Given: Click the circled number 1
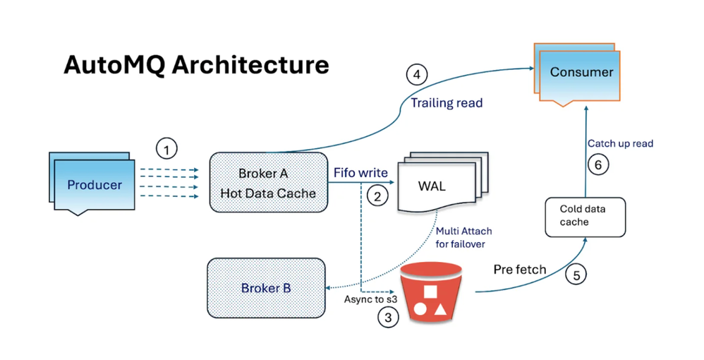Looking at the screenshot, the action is click(166, 149).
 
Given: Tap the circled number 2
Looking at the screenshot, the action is click(377, 196).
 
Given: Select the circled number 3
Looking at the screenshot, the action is click(388, 318).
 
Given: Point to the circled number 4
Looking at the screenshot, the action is click(417, 74).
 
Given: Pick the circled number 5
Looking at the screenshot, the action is click(576, 275).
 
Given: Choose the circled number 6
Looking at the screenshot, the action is click(598, 165).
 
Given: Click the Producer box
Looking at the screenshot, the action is click(92, 184).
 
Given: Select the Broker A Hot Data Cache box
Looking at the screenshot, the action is click(269, 183).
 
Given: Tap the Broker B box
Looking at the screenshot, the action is click(266, 288).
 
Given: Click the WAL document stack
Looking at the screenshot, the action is click(443, 182).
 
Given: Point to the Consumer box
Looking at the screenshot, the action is click(578, 74).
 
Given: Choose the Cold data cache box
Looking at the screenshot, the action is click(585, 217).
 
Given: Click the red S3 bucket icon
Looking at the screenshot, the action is click(431, 294).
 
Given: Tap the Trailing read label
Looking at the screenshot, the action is click(447, 103).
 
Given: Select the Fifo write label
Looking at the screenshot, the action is click(360, 172).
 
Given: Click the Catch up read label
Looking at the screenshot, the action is click(621, 143).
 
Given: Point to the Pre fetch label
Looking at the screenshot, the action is click(520, 269).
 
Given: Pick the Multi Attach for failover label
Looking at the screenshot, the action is click(463, 237).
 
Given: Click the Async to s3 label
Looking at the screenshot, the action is click(371, 299).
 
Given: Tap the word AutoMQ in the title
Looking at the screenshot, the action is click(114, 65).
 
